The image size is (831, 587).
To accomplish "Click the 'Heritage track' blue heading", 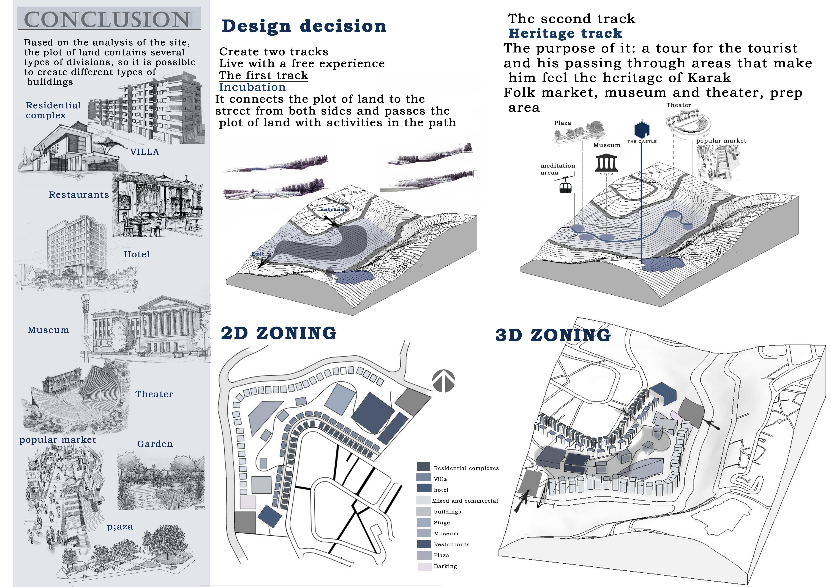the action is [565, 33].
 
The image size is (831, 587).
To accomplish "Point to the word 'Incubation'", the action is [252, 87].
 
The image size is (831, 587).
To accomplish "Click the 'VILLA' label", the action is [144, 152].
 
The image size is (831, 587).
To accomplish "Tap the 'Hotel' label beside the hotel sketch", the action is [137, 254].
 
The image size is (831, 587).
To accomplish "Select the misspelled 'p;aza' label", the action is [120, 527].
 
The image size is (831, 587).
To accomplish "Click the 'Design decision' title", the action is [304, 26].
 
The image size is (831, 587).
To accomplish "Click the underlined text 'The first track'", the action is [263, 76].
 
